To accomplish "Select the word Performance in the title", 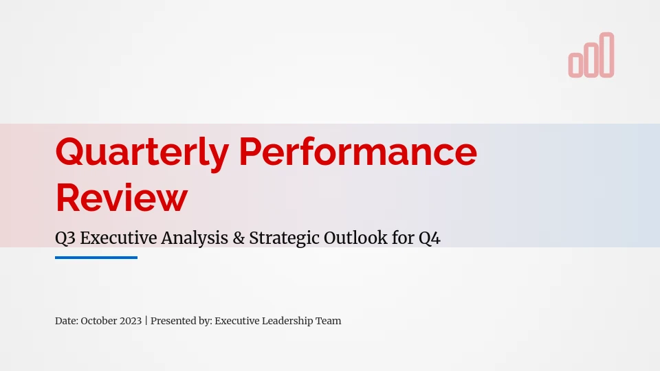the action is click(x=358, y=151).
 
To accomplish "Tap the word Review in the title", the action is click(x=122, y=197).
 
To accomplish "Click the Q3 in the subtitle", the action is click(x=65, y=238).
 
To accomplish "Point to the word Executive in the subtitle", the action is click(x=118, y=238).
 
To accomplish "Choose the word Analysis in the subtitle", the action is click(x=195, y=239).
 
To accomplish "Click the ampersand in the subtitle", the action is click(x=239, y=238).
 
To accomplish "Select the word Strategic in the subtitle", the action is click(x=284, y=239).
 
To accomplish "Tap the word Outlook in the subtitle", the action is click(x=355, y=238).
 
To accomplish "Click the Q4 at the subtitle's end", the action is click(x=430, y=238).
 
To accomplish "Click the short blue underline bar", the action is click(x=96, y=258).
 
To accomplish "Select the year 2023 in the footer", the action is click(x=131, y=321).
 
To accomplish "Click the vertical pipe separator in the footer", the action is click(x=146, y=321).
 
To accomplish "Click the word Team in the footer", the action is click(x=329, y=321).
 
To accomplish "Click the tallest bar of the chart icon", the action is click(x=606, y=55).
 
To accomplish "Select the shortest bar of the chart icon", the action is click(x=575, y=65).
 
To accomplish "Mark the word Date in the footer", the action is click(x=67, y=321).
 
